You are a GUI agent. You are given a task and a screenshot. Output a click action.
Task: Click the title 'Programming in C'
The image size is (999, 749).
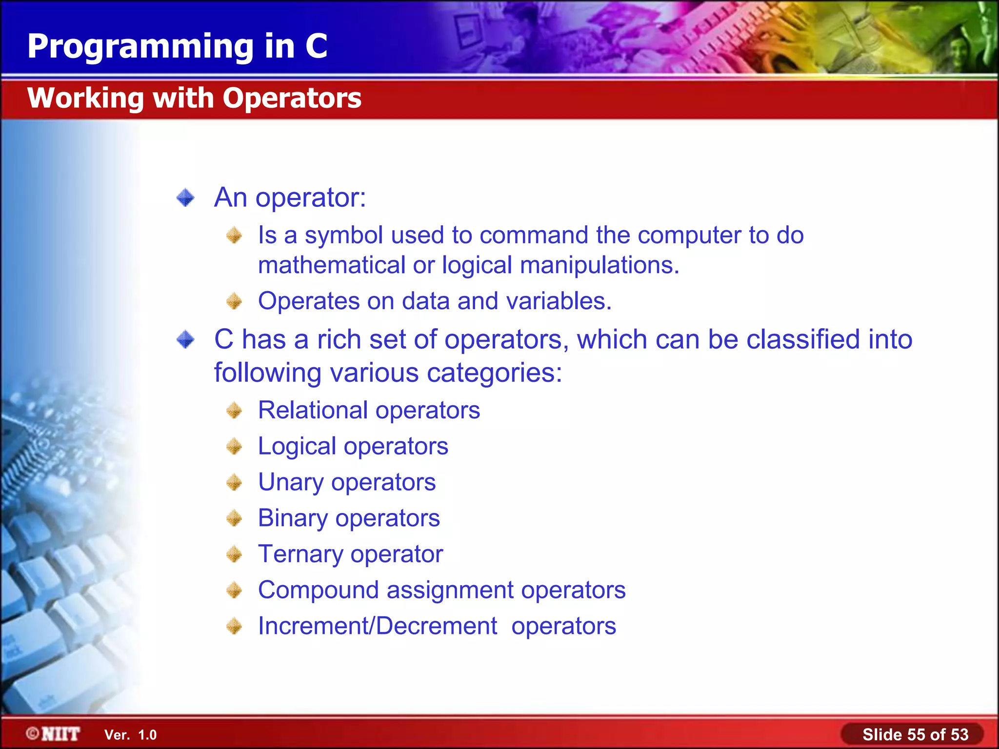[177, 46]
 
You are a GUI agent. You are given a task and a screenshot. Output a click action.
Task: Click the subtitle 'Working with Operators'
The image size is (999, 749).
[194, 98]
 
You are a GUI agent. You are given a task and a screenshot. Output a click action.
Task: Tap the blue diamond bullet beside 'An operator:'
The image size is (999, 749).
[185, 198]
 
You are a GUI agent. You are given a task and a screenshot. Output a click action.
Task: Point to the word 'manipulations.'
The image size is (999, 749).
[599, 266]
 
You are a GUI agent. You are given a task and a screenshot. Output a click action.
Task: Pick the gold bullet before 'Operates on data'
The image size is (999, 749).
[234, 301]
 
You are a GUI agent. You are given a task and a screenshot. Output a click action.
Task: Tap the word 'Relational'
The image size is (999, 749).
[313, 411]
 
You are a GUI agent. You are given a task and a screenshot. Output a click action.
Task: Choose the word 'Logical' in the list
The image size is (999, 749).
[297, 447]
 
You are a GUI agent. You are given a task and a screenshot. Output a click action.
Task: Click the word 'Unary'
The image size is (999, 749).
[291, 483]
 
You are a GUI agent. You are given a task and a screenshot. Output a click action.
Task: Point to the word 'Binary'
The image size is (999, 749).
[293, 518]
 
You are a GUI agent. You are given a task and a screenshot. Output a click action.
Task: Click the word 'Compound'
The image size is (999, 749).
[318, 590]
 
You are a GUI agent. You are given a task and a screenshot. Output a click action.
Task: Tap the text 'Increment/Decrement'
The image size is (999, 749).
[378, 626]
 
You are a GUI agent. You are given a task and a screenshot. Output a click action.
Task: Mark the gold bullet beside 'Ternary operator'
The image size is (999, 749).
[234, 554]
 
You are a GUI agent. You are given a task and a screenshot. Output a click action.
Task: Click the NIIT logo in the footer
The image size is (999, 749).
[53, 734]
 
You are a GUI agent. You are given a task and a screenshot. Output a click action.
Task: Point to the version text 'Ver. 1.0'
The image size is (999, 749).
[130, 735]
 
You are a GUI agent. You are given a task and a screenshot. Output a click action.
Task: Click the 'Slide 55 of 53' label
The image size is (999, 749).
[915, 734]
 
